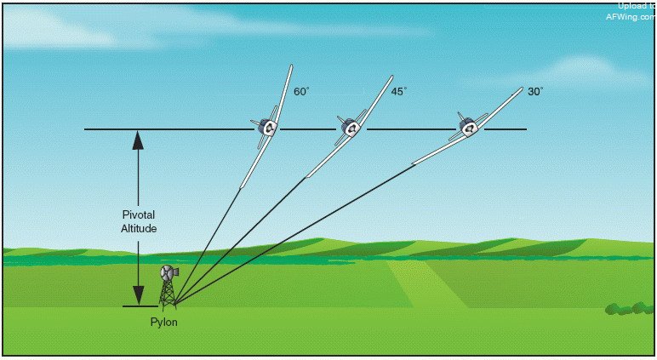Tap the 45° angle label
tap(398, 89)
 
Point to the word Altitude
tap(138, 228)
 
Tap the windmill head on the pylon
tap(167, 273)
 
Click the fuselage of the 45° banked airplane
tap(349, 128)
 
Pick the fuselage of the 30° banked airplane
tap(467, 127)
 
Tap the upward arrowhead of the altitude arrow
tap(138, 139)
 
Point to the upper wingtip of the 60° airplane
tap(291, 67)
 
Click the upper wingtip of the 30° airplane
tap(520, 89)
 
